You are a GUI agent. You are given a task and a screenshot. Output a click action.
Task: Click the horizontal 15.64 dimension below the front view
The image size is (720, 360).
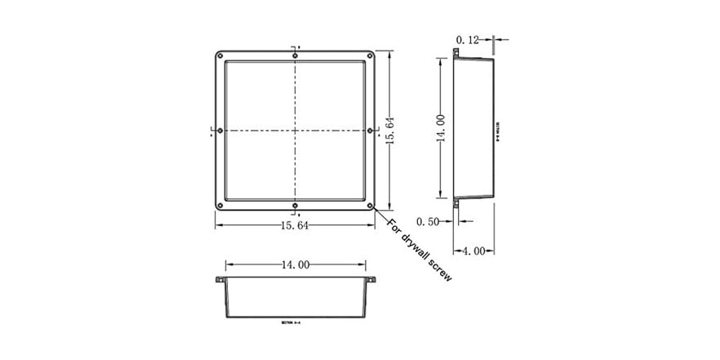coord(295,226)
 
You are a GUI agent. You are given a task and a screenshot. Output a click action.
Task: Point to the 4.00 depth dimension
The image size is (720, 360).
coord(474,251)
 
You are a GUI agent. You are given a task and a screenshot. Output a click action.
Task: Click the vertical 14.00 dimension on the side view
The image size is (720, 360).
coord(440,129)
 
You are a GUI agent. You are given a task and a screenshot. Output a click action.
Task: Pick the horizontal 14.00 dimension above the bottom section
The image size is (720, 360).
coord(295,264)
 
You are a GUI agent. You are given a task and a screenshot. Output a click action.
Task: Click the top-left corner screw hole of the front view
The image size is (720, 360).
coord(219,56)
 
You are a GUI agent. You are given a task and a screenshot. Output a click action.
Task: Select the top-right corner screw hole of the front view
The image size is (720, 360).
coord(371,56)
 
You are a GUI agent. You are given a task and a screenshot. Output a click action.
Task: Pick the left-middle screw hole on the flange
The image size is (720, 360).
coord(219,131)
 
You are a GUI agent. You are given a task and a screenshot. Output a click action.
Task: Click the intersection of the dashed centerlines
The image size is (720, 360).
coord(295,131)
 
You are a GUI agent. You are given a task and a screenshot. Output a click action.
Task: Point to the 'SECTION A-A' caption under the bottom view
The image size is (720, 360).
coord(291,323)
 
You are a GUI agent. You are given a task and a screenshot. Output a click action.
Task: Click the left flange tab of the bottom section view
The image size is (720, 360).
coord(220,280)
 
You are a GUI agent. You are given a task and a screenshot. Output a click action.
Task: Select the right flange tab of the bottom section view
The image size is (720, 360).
coord(371,280)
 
